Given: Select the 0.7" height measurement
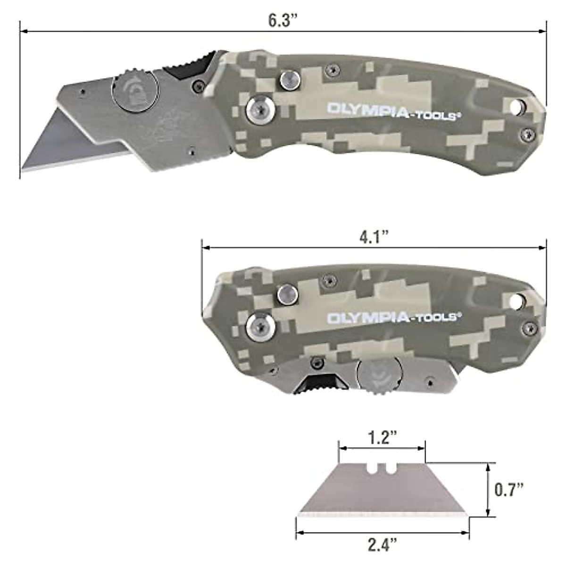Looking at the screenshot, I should pos(509,489).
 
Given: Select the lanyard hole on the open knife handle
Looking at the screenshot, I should pos(517,106).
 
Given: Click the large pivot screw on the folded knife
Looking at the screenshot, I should pos(260,325).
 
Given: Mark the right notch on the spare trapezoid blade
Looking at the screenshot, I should pos(390,468).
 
